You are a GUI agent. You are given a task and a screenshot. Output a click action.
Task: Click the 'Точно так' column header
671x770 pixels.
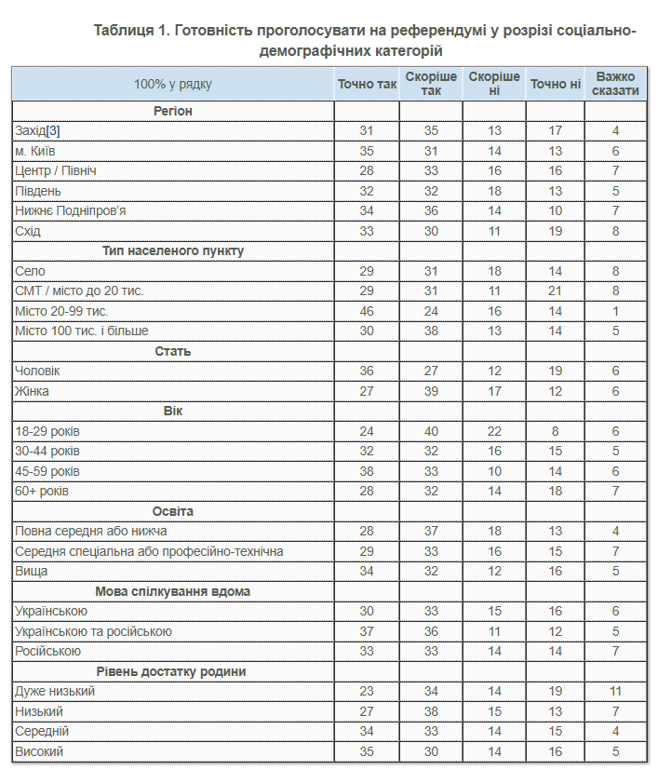367,84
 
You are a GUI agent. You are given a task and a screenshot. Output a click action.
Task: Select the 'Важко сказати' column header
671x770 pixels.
615,84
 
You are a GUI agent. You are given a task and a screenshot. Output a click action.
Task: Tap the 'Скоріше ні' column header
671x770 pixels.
494,84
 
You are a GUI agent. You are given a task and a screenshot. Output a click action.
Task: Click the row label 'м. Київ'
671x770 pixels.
36,151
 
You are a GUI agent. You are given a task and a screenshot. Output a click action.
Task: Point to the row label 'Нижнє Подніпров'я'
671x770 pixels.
70,210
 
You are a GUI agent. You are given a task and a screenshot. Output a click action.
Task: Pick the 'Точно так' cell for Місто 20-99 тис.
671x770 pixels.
367,311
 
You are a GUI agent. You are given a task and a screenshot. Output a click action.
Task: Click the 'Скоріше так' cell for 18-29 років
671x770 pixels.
431,431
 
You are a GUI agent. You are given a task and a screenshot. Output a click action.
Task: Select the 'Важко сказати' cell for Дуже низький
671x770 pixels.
615,692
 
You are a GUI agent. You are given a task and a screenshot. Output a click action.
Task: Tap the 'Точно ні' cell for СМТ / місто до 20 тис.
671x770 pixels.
555,291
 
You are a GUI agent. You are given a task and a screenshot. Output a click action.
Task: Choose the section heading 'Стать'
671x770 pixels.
173,351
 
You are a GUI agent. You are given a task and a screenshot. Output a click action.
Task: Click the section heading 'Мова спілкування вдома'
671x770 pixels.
173,591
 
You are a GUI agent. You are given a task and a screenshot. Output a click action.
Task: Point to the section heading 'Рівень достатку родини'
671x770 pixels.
173,671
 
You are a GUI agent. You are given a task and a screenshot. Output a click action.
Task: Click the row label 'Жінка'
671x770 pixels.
32,391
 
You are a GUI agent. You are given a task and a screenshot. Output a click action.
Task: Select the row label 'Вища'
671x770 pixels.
31,572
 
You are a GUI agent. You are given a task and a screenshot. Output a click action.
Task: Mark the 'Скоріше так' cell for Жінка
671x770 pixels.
431,391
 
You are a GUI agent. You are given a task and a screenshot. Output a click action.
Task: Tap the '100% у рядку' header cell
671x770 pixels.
173,84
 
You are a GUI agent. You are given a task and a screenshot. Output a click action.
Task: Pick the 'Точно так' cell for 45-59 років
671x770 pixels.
367,471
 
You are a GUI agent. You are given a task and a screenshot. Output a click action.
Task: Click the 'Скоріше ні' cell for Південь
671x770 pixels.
494,191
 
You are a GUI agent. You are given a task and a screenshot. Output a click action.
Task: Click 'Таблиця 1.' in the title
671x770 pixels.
130,30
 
